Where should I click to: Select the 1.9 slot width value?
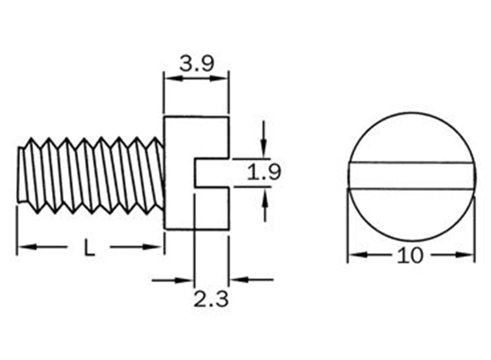click(x=264, y=173)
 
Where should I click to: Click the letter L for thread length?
click(x=89, y=248)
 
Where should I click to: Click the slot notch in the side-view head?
click(x=211, y=173)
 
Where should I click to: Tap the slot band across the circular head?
click(x=411, y=176)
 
